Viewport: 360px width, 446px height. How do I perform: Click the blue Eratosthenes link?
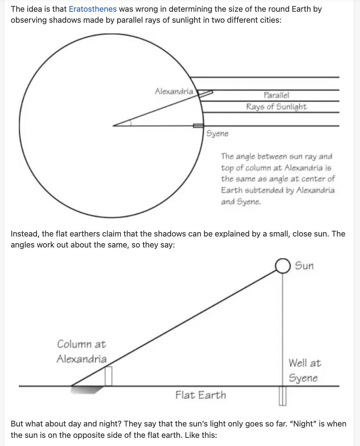[x=93, y=9]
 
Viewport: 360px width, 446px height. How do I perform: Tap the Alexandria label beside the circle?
[x=174, y=91]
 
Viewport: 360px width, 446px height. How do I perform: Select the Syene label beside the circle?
[x=217, y=134]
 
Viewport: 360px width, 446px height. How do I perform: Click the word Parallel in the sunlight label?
[x=276, y=95]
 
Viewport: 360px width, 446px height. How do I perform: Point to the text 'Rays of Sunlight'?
[x=276, y=107]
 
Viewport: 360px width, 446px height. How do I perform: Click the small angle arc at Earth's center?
[x=129, y=123]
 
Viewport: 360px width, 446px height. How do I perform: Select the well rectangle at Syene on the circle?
[x=198, y=126]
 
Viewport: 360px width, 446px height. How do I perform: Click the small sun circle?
[x=283, y=266]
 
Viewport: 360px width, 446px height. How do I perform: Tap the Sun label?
[x=304, y=266]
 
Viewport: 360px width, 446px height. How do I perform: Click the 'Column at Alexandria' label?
[x=82, y=352]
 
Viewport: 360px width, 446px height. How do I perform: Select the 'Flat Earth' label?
[x=201, y=395]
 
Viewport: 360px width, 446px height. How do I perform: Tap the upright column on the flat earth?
[x=108, y=376]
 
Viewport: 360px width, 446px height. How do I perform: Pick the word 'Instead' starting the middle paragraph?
[x=24, y=234]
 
